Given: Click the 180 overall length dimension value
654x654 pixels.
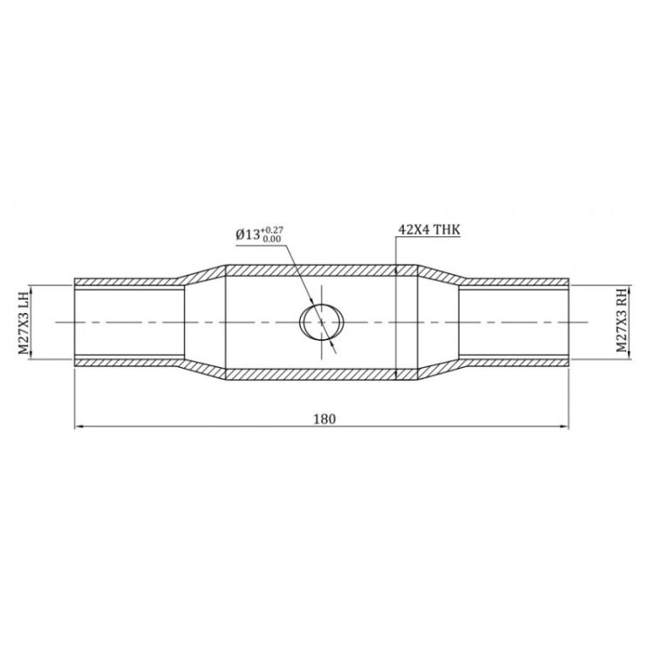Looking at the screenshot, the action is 324,419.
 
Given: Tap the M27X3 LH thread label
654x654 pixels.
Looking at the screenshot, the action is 24,323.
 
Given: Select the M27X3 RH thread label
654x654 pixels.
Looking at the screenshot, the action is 622,323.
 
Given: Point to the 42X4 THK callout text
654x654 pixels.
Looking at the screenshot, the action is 429,229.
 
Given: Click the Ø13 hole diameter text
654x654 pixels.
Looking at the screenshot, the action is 249,235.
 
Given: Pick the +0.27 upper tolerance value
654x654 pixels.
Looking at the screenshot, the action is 272,230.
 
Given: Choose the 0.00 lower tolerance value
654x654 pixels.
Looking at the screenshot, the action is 271,239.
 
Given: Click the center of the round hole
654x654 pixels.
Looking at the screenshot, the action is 322,322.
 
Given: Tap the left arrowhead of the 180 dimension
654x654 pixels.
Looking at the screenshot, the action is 78,426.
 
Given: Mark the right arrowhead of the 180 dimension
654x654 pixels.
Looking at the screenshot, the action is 566,426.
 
